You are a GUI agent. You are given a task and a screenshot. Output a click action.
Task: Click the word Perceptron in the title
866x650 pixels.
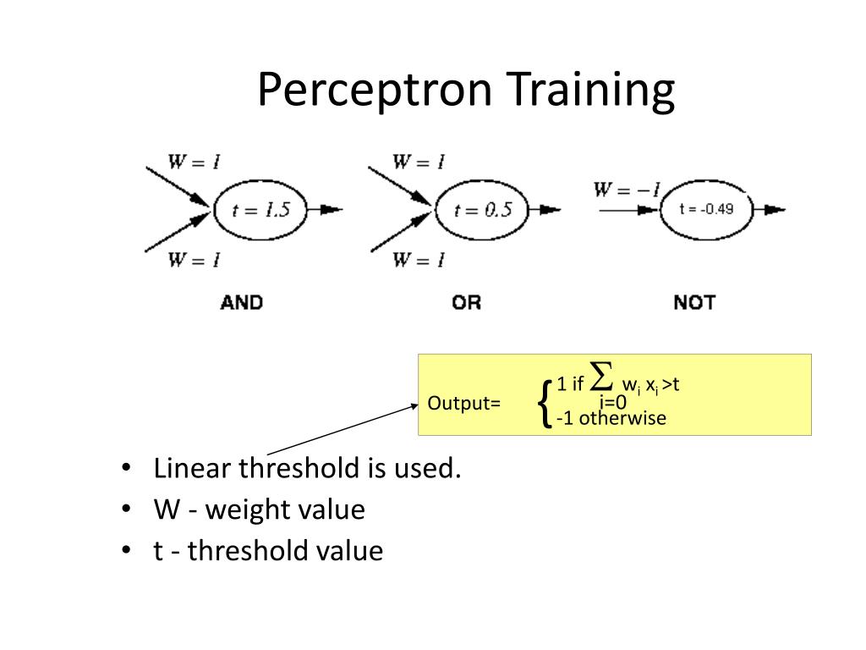tap(373, 90)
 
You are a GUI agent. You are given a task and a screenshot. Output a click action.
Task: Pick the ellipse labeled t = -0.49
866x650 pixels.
tap(704, 209)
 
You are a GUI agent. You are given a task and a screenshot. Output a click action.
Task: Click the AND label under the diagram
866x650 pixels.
tap(241, 302)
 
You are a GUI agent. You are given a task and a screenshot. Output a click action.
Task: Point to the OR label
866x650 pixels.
tap(466, 302)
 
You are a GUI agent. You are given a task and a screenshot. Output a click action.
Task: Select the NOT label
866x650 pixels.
tap(694, 302)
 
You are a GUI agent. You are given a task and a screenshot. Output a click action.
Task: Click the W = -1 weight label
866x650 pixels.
tap(626, 190)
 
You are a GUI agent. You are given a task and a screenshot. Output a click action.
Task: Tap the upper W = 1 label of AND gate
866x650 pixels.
tap(194, 162)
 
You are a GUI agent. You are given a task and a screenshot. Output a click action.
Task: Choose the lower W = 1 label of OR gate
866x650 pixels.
tap(418, 259)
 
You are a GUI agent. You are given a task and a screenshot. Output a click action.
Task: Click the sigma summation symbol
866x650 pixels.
tap(601, 374)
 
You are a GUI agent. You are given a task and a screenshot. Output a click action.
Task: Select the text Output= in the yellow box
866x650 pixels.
tap(464, 403)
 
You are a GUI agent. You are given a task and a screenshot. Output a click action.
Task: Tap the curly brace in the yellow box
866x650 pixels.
tap(545, 401)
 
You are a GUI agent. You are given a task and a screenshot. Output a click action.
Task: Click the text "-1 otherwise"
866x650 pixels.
tap(611, 418)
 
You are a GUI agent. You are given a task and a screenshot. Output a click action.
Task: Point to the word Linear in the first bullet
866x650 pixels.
tap(193, 468)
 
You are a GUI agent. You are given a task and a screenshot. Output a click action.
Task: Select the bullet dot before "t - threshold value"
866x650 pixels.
tap(126, 551)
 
